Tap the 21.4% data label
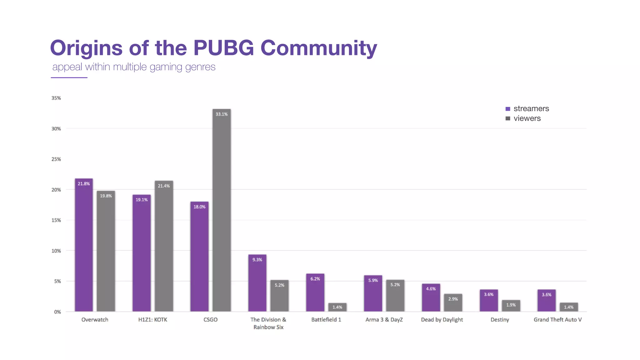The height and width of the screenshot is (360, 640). click(x=164, y=186)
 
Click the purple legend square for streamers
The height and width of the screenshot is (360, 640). click(x=508, y=109)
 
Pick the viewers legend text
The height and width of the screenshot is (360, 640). click(x=527, y=118)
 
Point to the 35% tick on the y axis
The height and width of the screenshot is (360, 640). click(x=56, y=98)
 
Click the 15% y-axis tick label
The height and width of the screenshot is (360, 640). click(x=56, y=220)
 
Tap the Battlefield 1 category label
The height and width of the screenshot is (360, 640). click(x=326, y=319)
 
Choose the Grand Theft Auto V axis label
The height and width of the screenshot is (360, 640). click(x=557, y=319)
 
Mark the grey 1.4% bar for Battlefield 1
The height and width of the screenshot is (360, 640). click(x=337, y=307)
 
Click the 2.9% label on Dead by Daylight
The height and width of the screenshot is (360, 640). click(x=453, y=299)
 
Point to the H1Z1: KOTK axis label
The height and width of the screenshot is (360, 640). click(x=152, y=319)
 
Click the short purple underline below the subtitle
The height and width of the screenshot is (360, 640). click(x=69, y=77)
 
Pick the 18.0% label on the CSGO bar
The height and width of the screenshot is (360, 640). click(x=199, y=207)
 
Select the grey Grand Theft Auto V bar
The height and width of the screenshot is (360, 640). click(x=568, y=307)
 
